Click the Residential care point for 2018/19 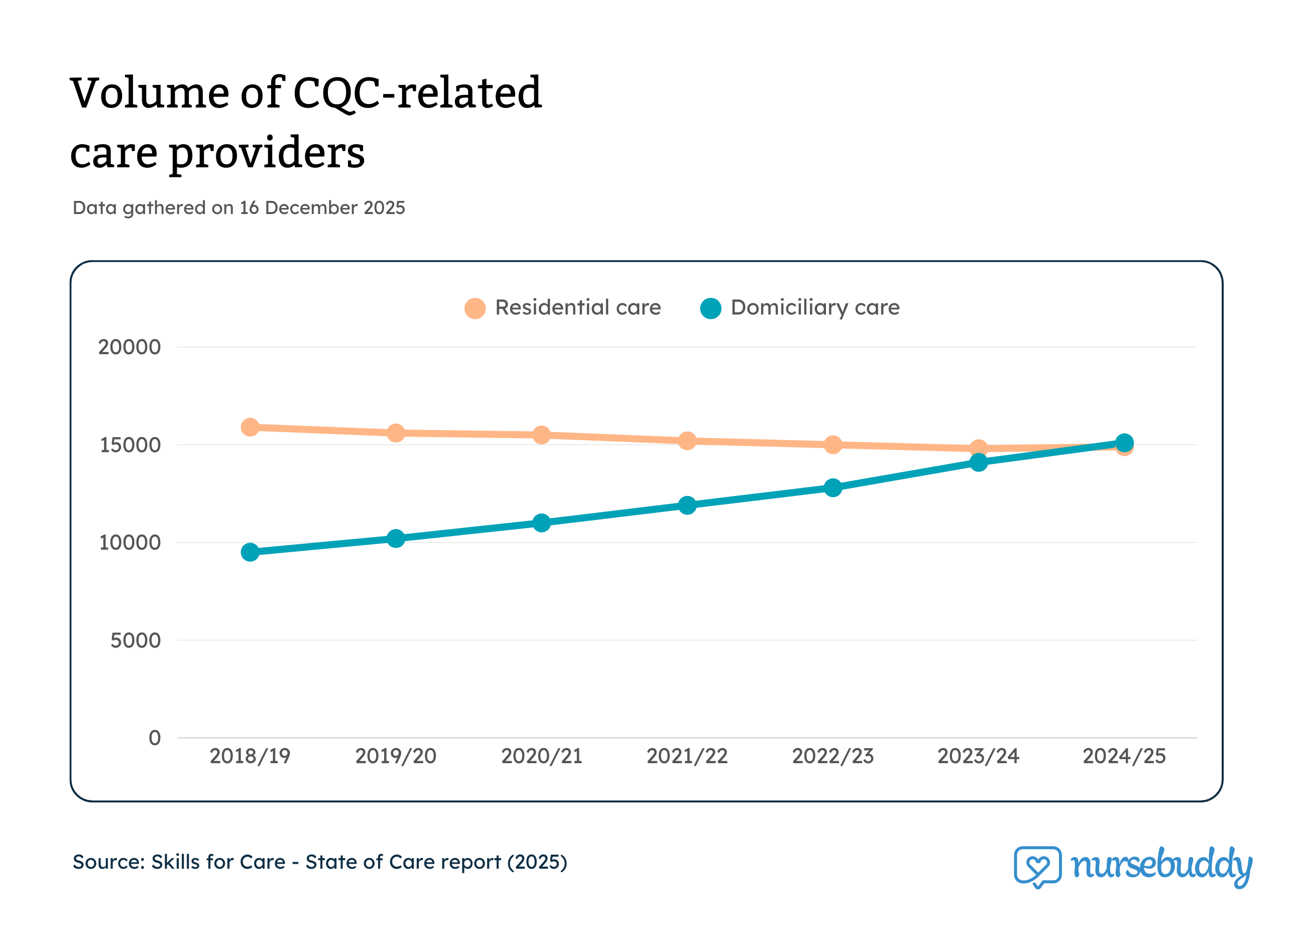250,427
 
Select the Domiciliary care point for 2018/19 250,552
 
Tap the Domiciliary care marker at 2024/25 1124,443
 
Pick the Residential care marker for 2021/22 687,441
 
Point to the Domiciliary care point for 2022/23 833,487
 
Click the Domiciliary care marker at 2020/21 541,523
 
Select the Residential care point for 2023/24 978,448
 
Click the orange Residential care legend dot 475,308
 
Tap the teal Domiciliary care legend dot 711,308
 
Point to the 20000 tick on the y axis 129,347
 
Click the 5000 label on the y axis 135,640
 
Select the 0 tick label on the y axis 154,738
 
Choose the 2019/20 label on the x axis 396,756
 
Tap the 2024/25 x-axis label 1124,756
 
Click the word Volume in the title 149,93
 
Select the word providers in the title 266,154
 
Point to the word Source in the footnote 108,862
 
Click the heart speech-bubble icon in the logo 1037,867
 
